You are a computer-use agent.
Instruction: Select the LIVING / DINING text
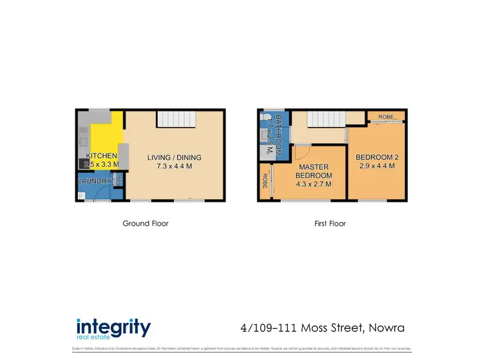click(x=174, y=157)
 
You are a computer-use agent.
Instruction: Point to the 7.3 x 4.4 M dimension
click(x=174, y=166)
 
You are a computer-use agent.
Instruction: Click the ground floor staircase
click(x=175, y=119)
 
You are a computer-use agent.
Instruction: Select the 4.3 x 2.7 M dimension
click(x=314, y=184)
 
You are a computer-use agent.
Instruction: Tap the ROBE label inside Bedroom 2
click(x=386, y=116)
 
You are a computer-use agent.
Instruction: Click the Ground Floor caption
click(x=146, y=224)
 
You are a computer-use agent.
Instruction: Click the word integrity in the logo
click(x=113, y=327)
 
